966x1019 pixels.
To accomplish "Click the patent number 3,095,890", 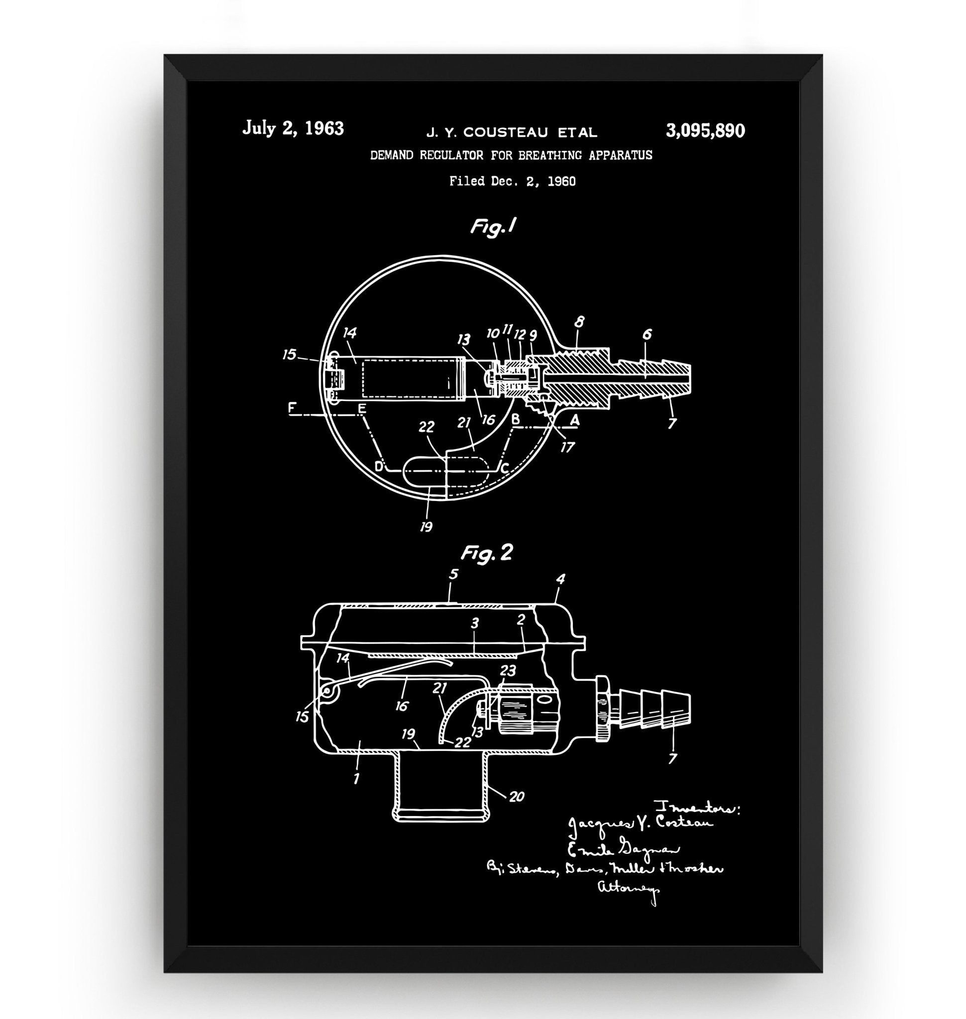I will point(705,131).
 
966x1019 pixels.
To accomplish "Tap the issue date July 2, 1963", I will point(293,128).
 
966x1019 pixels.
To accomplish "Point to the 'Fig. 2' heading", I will point(487,553).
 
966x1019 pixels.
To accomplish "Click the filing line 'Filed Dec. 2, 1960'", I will point(512,181).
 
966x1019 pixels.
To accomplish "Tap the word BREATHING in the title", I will point(553,155).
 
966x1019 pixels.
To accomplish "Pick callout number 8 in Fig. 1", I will point(579,323).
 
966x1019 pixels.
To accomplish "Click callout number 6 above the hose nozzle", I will point(647,334).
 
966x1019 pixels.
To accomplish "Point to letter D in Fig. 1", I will point(379,467).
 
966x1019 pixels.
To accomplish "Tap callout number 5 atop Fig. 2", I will point(453,574).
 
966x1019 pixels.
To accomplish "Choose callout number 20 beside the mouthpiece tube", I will point(516,797).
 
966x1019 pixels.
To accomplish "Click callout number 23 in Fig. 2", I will point(508,670).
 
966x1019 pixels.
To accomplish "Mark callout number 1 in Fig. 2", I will point(356,778).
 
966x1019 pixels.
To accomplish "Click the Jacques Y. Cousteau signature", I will point(640,825).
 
